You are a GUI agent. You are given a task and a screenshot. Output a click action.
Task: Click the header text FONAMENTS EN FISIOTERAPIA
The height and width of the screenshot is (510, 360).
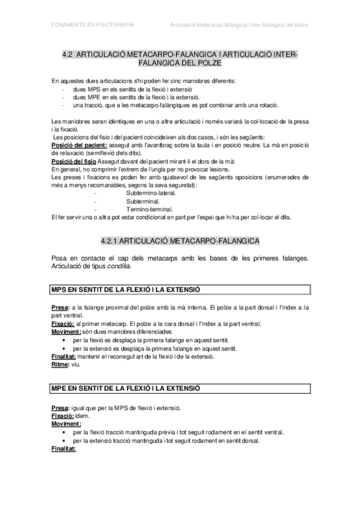(x=93, y=25)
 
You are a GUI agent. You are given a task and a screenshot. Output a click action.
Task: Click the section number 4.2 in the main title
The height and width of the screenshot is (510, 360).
(x=67, y=54)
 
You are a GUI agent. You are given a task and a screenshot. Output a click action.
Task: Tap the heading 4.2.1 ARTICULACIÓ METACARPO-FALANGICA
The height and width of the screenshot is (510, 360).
(x=180, y=224)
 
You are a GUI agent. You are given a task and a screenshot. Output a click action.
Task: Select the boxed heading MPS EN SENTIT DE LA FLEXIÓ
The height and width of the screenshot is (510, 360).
(x=126, y=290)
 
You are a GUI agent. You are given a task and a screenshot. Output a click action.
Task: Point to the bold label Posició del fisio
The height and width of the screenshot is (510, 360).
(x=73, y=162)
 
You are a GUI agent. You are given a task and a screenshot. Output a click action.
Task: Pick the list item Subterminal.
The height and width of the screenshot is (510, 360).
(x=142, y=201)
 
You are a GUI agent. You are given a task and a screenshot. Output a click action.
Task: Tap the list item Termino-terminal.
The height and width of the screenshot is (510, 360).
(x=149, y=209)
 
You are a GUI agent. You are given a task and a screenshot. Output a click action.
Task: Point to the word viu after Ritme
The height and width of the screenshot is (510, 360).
(x=76, y=364)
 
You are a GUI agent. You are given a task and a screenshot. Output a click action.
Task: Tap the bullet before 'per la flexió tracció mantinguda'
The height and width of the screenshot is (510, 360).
(x=64, y=432)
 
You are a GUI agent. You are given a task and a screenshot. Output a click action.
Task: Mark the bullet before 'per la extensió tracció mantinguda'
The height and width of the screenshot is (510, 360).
(x=64, y=440)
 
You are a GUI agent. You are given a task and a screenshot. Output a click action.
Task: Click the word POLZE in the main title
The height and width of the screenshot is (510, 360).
(x=206, y=62)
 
